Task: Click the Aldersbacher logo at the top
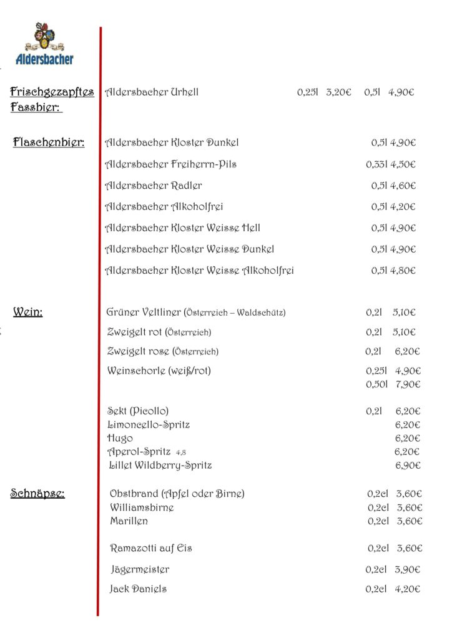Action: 44,44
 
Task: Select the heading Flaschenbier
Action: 49,142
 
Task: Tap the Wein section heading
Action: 28,312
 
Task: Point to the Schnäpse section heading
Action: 37,494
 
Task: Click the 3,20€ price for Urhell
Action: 339,92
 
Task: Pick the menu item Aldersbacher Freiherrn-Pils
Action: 170,164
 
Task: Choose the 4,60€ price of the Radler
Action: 403,186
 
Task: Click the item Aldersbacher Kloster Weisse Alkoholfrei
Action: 199,271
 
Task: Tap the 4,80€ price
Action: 403,271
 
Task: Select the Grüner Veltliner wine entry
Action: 196,312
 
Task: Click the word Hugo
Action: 120,438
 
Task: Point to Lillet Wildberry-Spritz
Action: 160,466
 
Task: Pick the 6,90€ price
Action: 408,466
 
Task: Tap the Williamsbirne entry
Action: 142,507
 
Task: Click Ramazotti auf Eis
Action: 151,548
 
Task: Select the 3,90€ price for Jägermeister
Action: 408,569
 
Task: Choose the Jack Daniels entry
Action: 138,589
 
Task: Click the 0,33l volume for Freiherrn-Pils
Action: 377,164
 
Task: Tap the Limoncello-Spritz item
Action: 149,425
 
